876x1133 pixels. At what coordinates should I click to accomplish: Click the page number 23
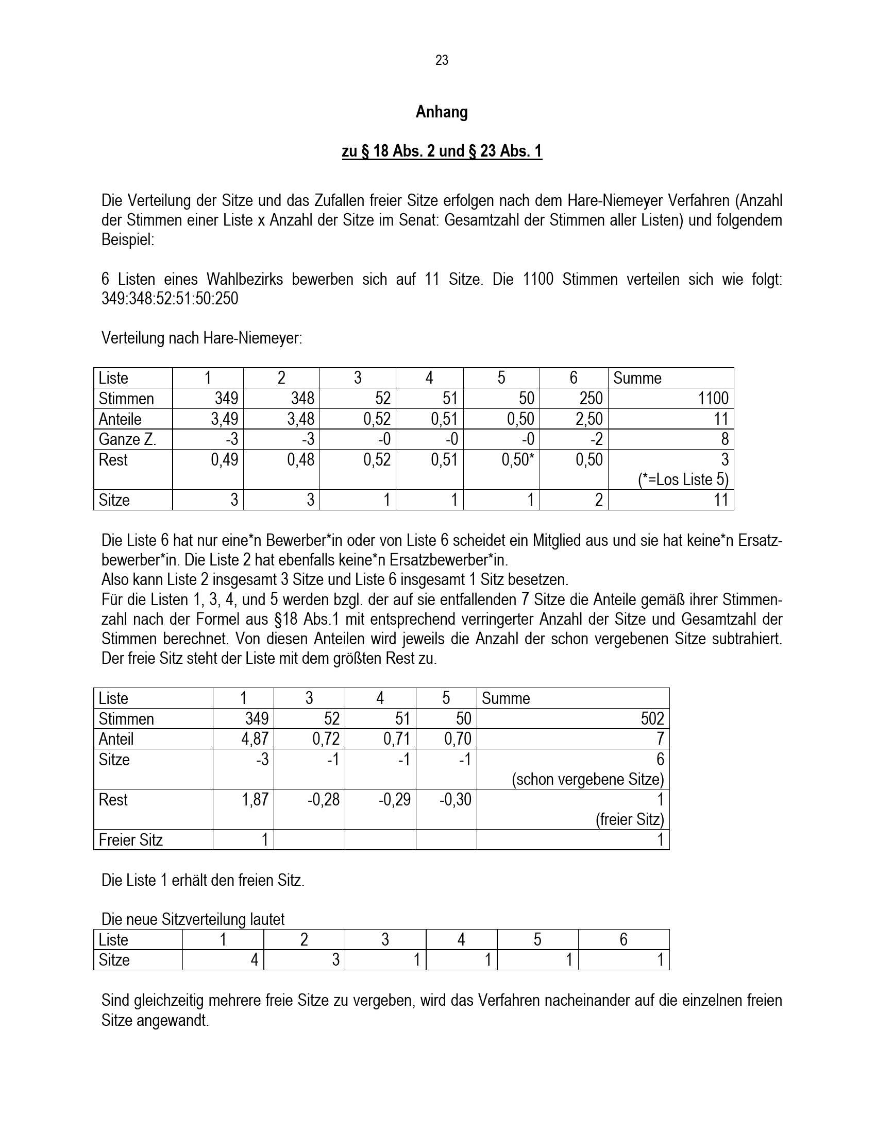(442, 60)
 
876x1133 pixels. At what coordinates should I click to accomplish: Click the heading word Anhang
(442, 112)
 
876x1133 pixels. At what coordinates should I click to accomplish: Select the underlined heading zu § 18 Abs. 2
(442, 151)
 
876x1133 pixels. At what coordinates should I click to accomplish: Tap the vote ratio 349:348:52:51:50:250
(170, 299)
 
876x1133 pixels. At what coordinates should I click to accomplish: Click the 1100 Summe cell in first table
(713, 399)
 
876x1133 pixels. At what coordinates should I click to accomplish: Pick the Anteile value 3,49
(224, 419)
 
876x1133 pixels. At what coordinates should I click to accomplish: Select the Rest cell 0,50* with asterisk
(517, 459)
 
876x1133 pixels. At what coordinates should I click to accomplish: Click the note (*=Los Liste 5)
(683, 479)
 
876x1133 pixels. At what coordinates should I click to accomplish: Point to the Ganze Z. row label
(127, 439)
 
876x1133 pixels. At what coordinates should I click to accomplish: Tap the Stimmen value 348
(302, 399)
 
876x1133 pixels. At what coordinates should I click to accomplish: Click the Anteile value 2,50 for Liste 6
(589, 419)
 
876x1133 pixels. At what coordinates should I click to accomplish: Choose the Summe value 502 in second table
(652, 718)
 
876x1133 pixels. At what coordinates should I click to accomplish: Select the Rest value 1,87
(255, 799)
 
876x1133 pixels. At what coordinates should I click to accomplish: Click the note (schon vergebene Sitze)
(587, 779)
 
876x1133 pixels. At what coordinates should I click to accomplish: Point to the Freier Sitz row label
(131, 840)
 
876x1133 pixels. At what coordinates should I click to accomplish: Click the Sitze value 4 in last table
(254, 960)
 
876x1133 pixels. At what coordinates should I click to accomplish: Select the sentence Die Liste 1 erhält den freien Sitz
(203, 880)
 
